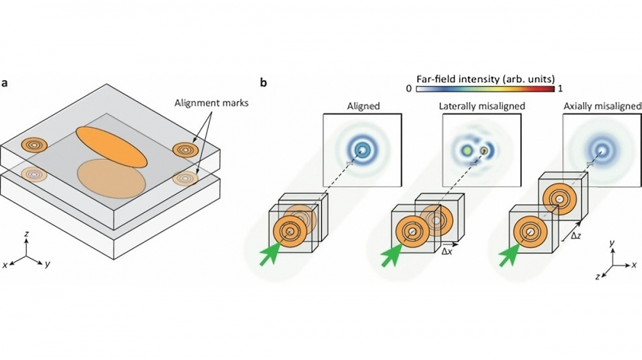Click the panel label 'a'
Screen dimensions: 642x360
pyautogui.click(x=4, y=83)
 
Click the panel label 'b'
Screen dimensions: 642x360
pyautogui.click(x=264, y=82)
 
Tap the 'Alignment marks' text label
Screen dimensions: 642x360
pyautogui.click(x=211, y=103)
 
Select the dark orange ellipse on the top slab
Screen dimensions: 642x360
pyautogui.click(x=111, y=147)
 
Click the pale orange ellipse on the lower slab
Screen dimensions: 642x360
pyautogui.click(x=111, y=179)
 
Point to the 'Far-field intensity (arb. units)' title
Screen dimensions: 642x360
pyautogui.click(x=485, y=78)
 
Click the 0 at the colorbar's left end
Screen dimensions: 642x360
pyautogui.click(x=408, y=89)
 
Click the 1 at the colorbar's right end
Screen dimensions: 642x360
pyautogui.click(x=560, y=89)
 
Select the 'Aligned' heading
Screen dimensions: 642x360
pyautogui.click(x=363, y=107)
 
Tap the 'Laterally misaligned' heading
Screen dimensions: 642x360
pyautogui.click(x=482, y=107)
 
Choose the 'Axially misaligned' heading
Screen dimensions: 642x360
pyautogui.click(x=602, y=107)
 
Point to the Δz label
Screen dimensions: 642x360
pyautogui.click(x=576, y=236)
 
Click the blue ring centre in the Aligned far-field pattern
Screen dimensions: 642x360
pyautogui.click(x=362, y=151)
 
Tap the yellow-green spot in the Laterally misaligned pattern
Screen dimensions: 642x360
pyautogui.click(x=466, y=151)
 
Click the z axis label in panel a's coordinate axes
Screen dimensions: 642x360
pyautogui.click(x=26, y=234)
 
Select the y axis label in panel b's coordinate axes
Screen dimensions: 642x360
pyautogui.click(x=612, y=243)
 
